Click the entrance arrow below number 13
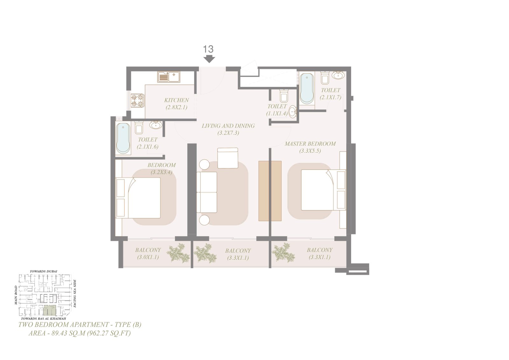coord(209,59)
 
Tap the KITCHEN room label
coord(177,100)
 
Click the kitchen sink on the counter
coord(169,77)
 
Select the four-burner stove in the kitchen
coord(137,101)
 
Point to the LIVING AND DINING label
coord(228,126)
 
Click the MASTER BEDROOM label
coord(310,144)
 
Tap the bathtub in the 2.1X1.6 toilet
coord(123,138)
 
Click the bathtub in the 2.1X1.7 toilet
coord(307,89)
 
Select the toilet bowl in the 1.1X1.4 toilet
coord(284,96)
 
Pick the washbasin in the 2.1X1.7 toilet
coord(338,75)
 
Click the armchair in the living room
coord(228,158)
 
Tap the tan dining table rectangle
coord(270,191)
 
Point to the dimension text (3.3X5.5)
coord(310,151)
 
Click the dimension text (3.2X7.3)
coord(228,133)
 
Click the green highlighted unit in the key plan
coord(50,310)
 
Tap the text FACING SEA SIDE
coord(75,293)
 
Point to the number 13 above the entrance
coord(208,49)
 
